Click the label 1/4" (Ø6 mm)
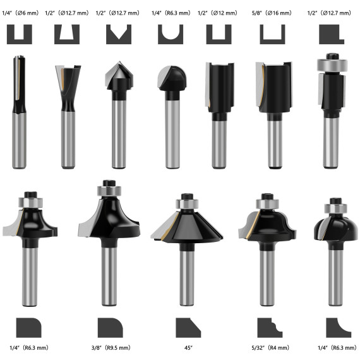[20, 12]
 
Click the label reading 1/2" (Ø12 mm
[220, 12]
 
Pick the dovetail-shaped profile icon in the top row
[68, 33]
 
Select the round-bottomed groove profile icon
[170, 33]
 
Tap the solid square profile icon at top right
[332, 33]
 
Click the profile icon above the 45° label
[188, 327]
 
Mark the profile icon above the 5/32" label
[270, 327]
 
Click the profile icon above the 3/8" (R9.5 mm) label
[111, 327]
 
